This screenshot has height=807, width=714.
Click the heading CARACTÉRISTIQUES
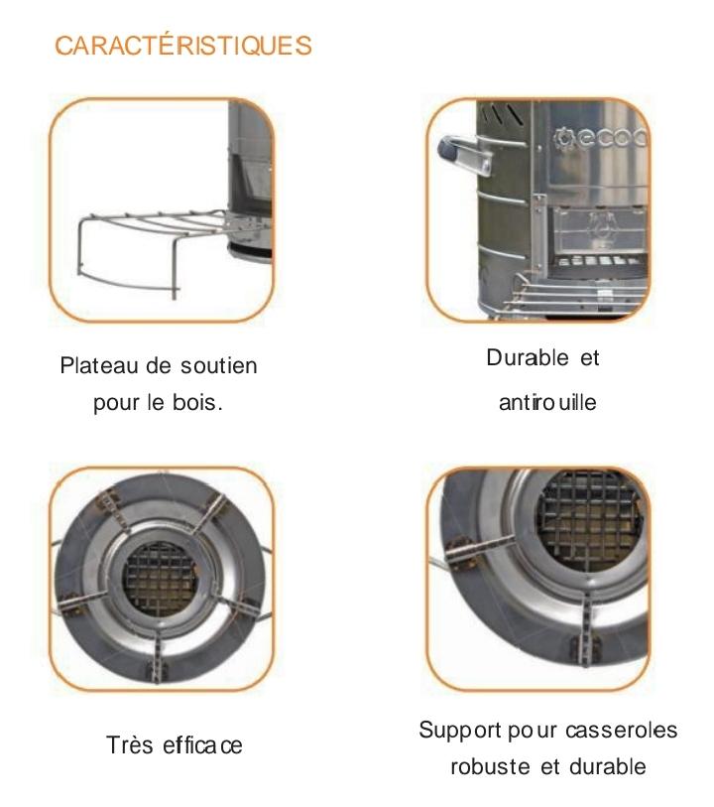pyautogui.click(x=183, y=46)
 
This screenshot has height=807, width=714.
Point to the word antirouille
pyautogui.click(x=547, y=402)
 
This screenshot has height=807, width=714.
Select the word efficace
pyautogui.click(x=202, y=744)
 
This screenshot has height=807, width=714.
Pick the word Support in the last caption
pyautogui.click(x=459, y=731)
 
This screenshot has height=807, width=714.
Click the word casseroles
pyautogui.click(x=621, y=730)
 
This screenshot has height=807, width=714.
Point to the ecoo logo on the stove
pyautogui.click(x=600, y=138)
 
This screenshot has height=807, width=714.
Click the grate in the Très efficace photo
pyautogui.click(x=160, y=579)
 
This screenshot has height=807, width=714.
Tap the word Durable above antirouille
pyautogui.click(x=528, y=357)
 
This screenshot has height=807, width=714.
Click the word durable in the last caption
pyautogui.click(x=608, y=766)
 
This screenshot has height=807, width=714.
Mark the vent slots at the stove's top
pyautogui.click(x=505, y=114)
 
